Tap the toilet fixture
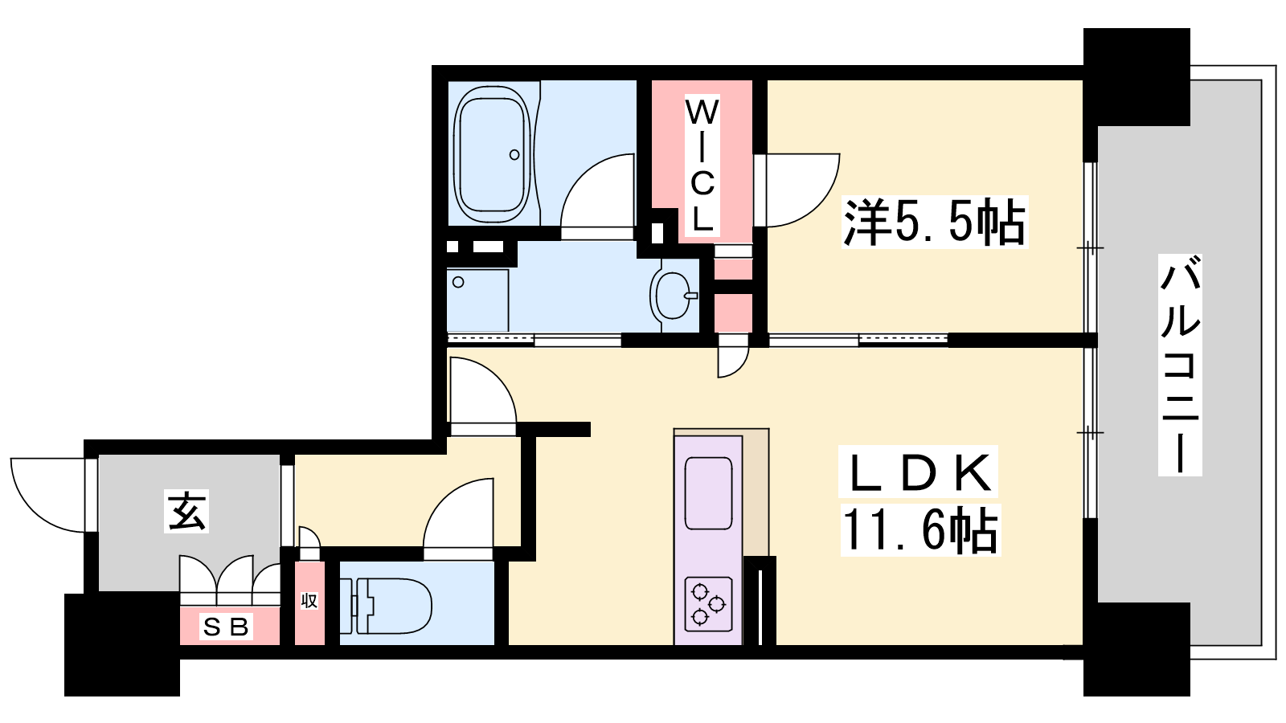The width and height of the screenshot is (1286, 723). point(385,606)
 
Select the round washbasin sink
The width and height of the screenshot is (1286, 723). point(673,295)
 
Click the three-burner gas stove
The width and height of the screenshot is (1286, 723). point(708,603)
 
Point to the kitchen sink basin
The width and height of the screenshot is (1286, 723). point(708,493)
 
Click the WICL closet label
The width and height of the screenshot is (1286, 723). point(702,165)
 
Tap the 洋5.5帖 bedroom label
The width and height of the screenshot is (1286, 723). point(934,222)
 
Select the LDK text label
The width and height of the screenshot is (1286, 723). point(919,472)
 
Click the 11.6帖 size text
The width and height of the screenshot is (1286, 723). point(920,529)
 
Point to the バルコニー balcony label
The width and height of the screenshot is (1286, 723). point(1180,365)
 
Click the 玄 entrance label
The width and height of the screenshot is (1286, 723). point(186,511)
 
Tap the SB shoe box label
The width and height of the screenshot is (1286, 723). point(226,627)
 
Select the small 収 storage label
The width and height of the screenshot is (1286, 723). point(309,601)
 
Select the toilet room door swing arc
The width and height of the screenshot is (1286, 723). point(443,498)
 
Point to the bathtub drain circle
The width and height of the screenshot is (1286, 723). point(514,154)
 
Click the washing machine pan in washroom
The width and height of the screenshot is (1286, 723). point(477,300)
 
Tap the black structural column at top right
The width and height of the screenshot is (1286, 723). point(1137,77)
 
